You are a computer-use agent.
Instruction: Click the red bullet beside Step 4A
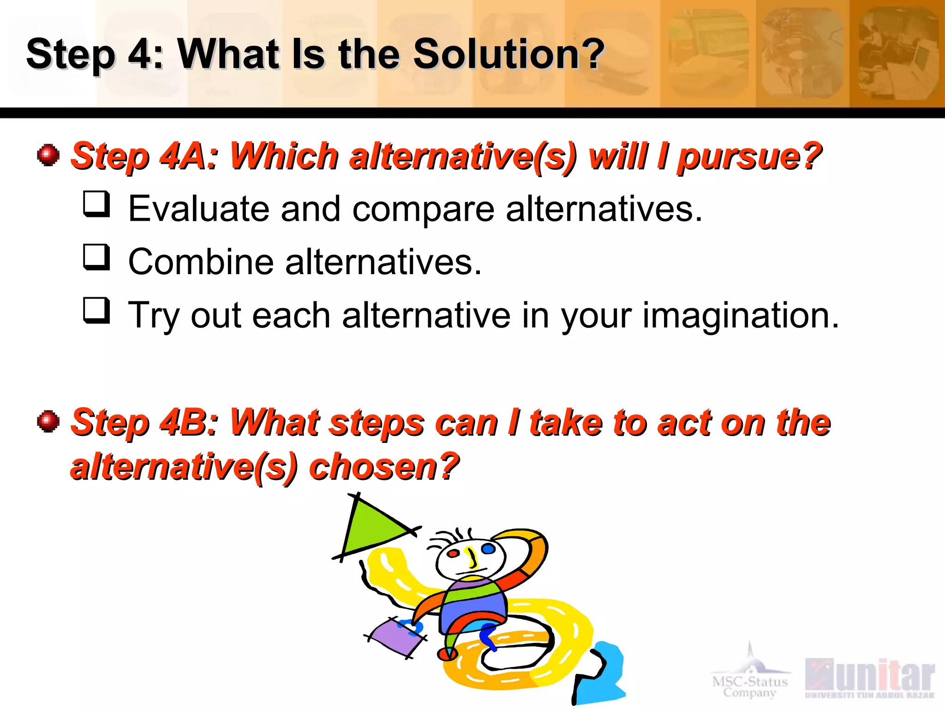point(48,155)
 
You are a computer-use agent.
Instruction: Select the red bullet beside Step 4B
point(48,421)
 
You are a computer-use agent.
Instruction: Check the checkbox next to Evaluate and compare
point(96,204)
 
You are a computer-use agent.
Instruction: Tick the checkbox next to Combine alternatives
point(96,257)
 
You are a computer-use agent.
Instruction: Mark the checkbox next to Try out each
point(96,310)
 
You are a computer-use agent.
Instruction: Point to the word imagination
point(741,316)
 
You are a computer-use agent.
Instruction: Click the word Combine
point(201,262)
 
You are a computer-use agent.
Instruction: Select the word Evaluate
point(198,209)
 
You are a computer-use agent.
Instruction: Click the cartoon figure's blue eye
point(488,549)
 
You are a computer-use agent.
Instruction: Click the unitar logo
point(869,676)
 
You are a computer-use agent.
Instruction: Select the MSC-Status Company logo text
point(750,686)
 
